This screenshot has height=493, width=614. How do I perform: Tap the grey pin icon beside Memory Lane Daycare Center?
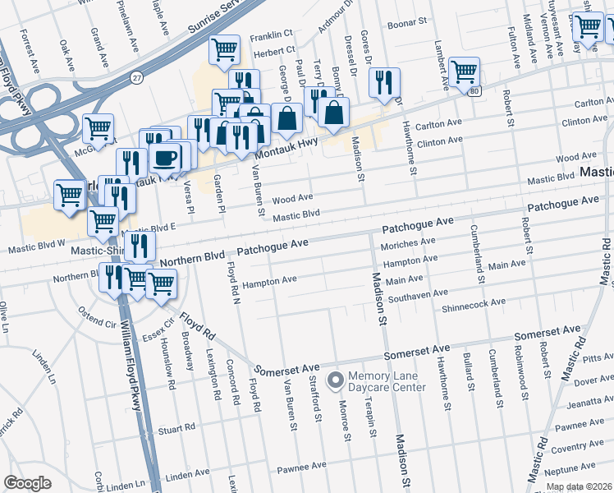[x=335, y=381]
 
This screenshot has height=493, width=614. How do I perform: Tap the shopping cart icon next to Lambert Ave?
[x=465, y=71]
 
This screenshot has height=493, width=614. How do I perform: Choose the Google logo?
[x=27, y=483]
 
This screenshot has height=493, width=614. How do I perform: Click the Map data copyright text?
[x=579, y=486]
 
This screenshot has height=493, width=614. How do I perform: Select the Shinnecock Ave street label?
[x=474, y=304]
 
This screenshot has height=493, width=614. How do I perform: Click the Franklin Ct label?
[x=272, y=36]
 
